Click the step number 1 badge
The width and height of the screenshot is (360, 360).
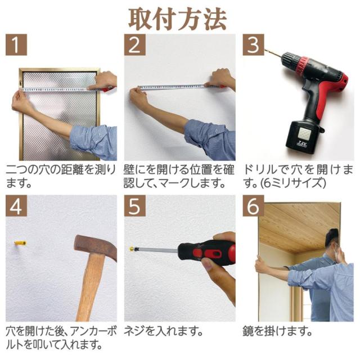[16, 45]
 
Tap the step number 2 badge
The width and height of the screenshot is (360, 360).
[135, 45]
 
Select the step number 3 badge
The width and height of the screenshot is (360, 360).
[254, 45]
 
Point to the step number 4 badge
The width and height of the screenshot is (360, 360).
[16, 206]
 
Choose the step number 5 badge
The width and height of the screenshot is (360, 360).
[135, 206]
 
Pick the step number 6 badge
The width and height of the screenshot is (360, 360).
[254, 206]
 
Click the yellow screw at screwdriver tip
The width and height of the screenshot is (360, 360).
[132, 248]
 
